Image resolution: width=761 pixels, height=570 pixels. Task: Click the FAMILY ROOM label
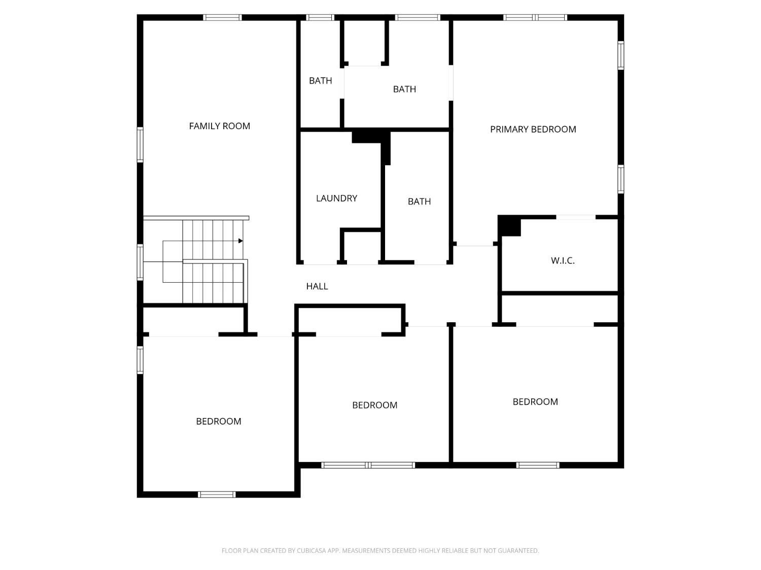pos(219,126)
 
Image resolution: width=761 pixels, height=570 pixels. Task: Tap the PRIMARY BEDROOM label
pos(533,129)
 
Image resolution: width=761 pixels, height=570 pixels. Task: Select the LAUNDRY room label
pos(336,198)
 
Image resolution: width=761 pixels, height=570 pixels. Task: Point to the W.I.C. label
pos(563,260)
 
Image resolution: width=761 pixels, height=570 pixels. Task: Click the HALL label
pos(317,286)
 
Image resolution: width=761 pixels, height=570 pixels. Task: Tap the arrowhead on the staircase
pos(241,241)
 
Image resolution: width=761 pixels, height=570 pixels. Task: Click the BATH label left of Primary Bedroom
pos(404,89)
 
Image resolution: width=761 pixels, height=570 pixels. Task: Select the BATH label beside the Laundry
pos(419,201)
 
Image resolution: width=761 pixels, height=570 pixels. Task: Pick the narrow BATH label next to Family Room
pos(320,81)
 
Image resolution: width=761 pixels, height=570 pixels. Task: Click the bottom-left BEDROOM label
pos(219,421)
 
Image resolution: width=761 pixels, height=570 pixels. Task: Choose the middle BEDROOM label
pos(374,405)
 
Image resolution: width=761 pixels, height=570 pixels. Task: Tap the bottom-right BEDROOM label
pos(535,402)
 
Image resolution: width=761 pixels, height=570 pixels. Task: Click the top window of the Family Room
pos(222,17)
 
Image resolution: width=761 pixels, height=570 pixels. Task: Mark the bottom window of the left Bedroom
pos(217,495)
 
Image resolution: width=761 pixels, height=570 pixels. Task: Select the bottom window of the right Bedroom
pos(538,465)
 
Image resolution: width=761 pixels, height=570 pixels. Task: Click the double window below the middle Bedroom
pos(368,465)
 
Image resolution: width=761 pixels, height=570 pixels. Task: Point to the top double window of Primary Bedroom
pos(535,17)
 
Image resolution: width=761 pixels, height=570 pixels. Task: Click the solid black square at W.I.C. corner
pos(509,226)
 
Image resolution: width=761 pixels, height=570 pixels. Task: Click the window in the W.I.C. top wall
pos(576,217)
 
